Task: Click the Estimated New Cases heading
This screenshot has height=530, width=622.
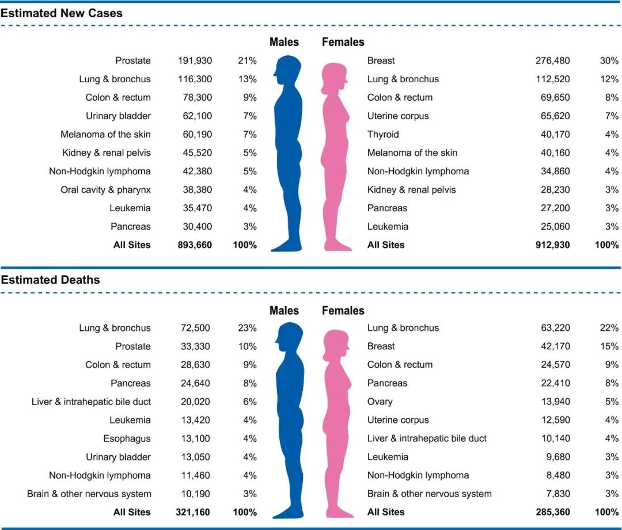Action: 62,13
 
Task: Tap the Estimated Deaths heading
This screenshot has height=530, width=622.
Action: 51,280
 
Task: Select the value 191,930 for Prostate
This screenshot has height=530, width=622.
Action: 195,60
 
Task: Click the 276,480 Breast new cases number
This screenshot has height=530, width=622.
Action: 552,60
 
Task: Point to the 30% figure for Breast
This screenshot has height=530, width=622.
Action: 609,60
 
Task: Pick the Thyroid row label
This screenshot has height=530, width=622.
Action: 383,134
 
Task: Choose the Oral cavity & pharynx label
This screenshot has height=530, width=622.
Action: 105,189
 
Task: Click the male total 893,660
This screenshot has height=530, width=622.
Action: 195,245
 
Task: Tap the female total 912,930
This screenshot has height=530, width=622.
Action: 552,245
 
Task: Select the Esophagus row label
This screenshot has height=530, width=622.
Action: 127,439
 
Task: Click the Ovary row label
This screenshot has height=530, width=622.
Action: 380,402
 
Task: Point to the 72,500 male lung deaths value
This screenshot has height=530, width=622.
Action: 195,328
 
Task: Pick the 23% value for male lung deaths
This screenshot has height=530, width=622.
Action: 247,328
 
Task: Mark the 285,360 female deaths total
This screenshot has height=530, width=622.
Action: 552,512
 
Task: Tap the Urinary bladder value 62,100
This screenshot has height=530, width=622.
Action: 195,116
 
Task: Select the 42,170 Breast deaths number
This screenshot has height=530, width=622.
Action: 554,346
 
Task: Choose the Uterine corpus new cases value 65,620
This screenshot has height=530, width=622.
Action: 554,116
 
